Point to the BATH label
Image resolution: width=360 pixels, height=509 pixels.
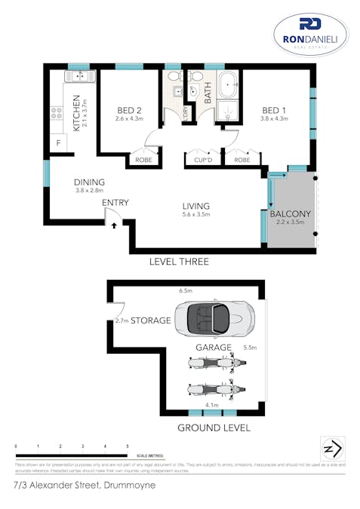point(208,94)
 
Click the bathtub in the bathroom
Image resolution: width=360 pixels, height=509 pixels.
point(228,86)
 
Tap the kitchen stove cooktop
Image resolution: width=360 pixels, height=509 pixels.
point(56,113)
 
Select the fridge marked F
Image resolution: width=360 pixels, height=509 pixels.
point(56,143)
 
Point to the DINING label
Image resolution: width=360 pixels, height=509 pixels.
point(89,182)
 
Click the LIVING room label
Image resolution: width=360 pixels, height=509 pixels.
point(195,206)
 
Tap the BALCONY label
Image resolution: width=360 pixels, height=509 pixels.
point(289,214)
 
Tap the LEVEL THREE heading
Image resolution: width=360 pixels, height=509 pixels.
point(180,262)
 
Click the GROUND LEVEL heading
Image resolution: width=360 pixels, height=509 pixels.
point(203,428)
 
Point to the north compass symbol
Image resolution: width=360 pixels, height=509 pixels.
point(332,448)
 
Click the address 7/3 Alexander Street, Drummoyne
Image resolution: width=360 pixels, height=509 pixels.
point(85,486)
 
